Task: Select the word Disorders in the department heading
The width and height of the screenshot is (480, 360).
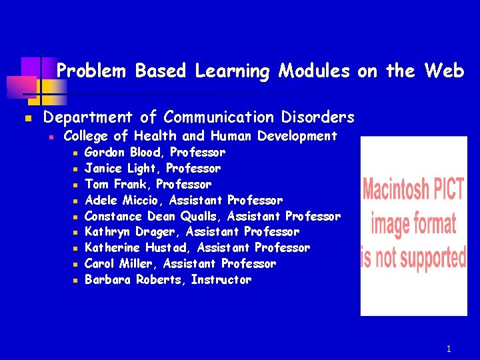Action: tap(319, 117)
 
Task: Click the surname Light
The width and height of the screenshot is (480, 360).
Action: tap(143, 168)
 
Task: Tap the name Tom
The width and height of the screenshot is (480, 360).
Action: tap(96, 184)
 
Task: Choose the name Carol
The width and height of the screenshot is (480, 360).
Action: tap(100, 264)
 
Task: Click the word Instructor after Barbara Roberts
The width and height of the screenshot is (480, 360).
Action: tap(221, 280)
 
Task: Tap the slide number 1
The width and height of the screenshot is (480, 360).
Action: tap(449, 349)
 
